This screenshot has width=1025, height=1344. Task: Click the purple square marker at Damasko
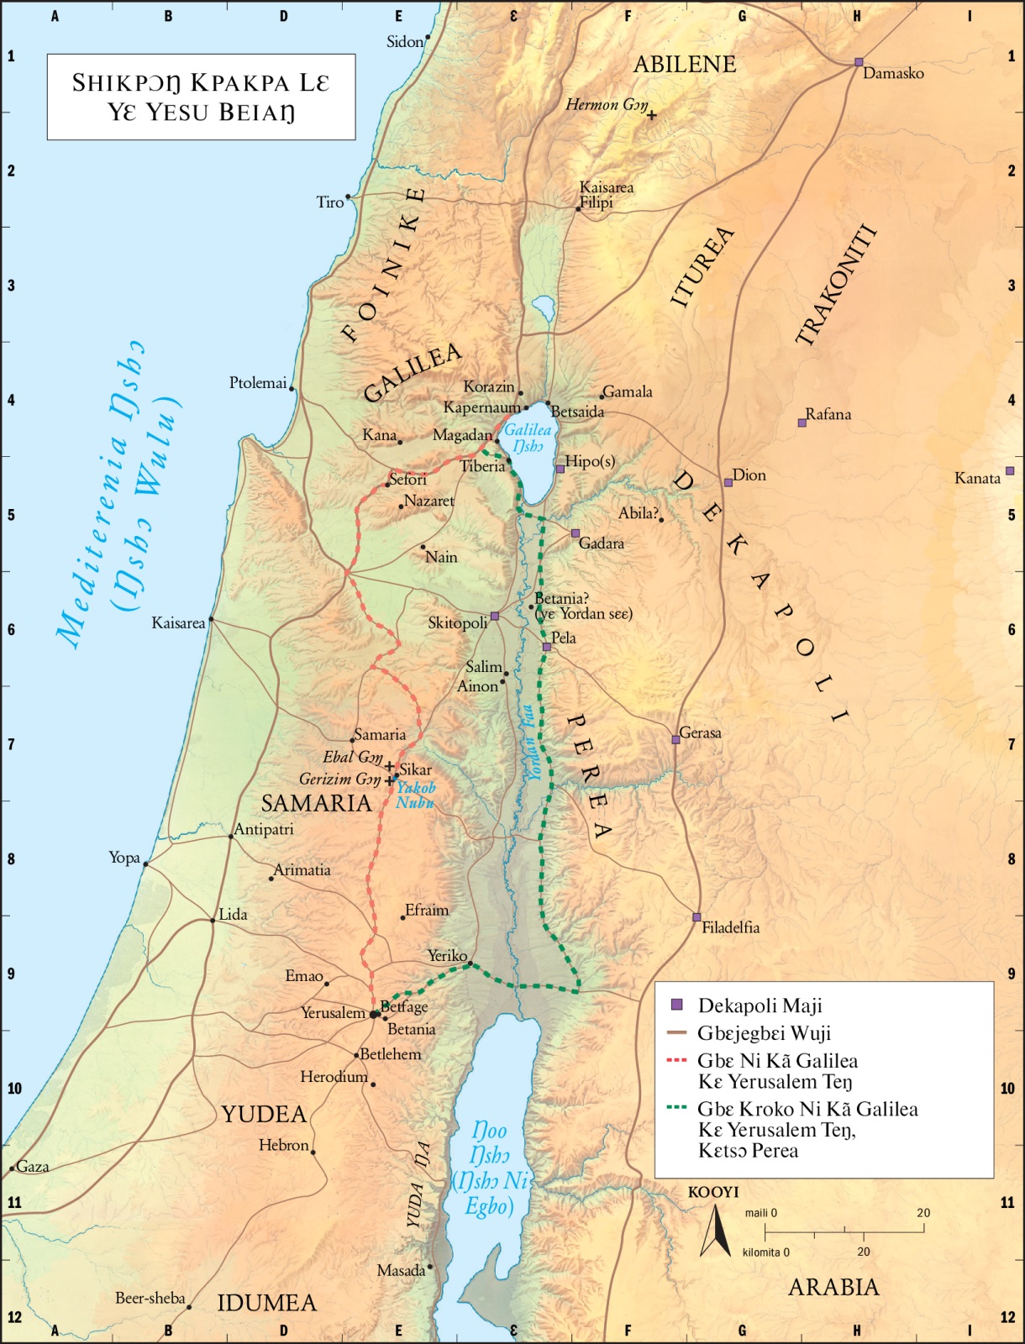pos(859,62)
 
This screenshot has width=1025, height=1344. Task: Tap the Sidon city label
pos(404,42)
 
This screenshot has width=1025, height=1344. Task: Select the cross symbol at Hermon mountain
pos(651,115)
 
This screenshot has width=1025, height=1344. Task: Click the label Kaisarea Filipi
pos(606,195)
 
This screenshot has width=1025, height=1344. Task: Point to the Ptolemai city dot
pos(292,388)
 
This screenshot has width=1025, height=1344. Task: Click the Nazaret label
pos(428,501)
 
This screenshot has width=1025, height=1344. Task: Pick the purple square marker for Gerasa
pos(675,740)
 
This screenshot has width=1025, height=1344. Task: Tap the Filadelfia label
pos(730,927)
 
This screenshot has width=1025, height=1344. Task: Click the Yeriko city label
pos(446,956)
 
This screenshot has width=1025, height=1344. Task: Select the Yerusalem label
pos(333,1013)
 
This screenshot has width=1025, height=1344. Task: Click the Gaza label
pos(33,1166)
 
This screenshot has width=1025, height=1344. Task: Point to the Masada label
pos(400,1270)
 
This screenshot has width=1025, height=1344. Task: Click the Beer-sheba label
pos(150,1298)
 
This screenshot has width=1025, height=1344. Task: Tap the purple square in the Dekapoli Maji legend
pos(677,1005)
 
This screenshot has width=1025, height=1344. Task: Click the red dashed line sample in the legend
pos(677,1061)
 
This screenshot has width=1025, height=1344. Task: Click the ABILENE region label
pos(685,65)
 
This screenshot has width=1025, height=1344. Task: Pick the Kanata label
pos(977,478)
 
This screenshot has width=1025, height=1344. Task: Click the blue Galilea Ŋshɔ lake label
pos(527,438)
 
